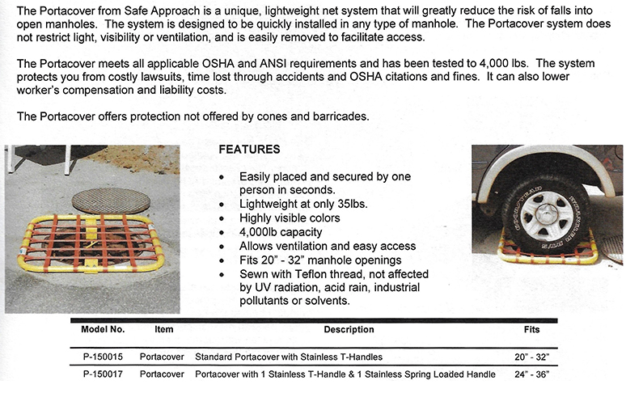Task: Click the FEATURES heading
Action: pos(249,150)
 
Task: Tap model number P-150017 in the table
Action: pos(102,374)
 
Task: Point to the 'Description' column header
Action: pos(349,330)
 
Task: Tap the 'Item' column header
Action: pos(163,330)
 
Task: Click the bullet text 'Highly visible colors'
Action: pos(290,218)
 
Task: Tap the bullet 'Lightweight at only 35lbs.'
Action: pos(303,204)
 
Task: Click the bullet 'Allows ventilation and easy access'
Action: pos(327,246)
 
